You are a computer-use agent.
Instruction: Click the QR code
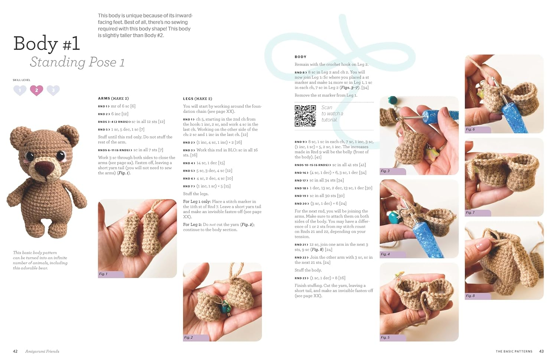tap(305, 116)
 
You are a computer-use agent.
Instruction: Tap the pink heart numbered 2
tap(36, 90)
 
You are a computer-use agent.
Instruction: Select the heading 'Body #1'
tap(47, 44)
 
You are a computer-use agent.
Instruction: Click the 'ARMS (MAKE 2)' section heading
tap(113, 98)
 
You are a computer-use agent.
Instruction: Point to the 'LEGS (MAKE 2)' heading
tap(198, 99)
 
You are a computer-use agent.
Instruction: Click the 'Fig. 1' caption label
tap(103, 274)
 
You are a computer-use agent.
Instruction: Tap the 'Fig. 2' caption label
tap(189, 337)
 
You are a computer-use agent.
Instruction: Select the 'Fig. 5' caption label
tap(385, 337)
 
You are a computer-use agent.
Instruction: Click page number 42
tap(15, 351)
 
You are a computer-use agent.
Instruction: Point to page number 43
tap(541, 351)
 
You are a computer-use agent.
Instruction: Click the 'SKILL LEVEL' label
tap(22, 80)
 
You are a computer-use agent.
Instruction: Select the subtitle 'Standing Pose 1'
tap(77, 62)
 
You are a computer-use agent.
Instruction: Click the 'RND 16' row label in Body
tap(301, 173)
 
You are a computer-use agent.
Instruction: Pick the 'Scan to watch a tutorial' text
tap(332, 114)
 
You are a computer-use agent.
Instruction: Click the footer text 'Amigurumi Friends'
tap(42, 351)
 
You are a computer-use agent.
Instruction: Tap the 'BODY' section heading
tap(300, 57)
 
